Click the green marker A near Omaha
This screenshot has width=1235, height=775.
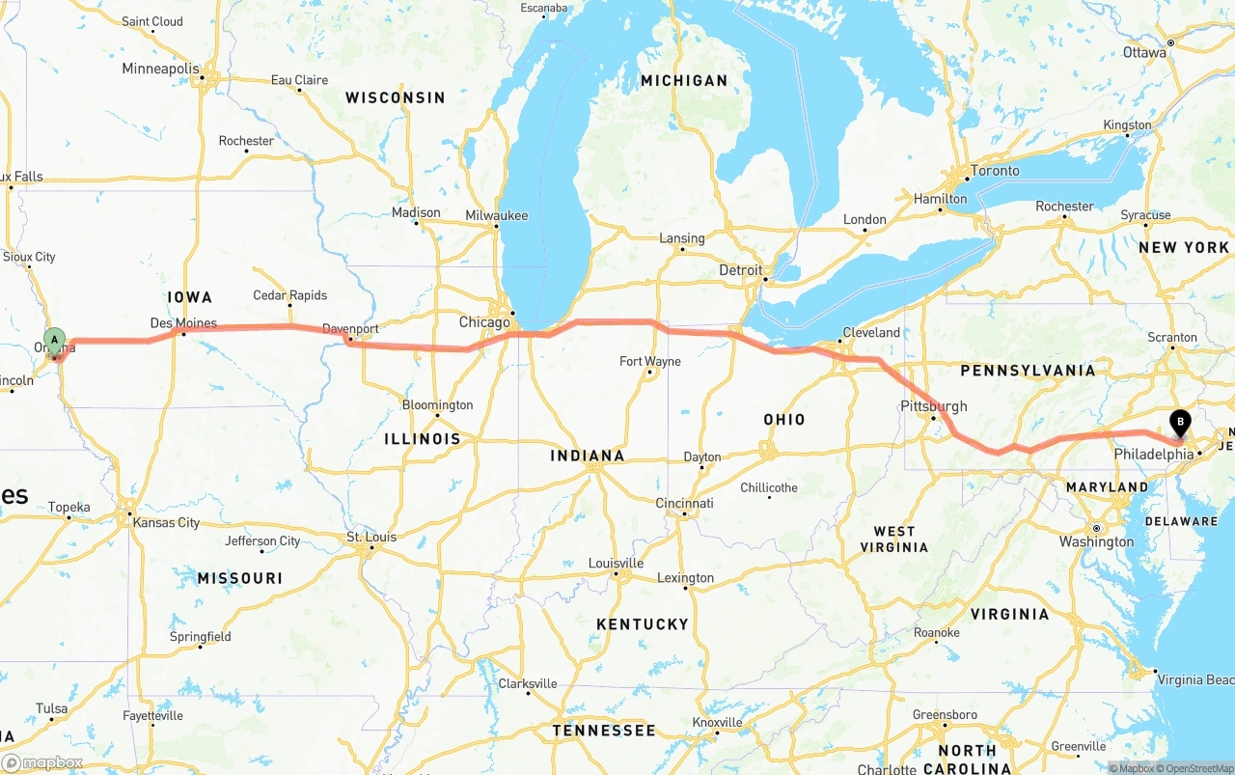(x=55, y=340)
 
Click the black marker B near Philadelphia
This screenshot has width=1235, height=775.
(x=1179, y=422)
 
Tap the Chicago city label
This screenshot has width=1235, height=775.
(x=484, y=322)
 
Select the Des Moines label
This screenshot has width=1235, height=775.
(x=183, y=323)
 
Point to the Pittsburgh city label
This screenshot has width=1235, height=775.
(x=934, y=406)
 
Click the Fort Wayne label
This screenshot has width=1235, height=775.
(x=649, y=362)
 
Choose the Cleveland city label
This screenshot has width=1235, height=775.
(x=871, y=333)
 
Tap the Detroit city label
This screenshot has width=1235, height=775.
(x=741, y=271)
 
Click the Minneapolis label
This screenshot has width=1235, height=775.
(x=160, y=69)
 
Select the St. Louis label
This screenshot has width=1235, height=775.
(x=371, y=538)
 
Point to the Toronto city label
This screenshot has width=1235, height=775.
(x=995, y=171)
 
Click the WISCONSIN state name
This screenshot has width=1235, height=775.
(x=396, y=97)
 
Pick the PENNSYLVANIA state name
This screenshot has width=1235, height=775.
(x=1028, y=371)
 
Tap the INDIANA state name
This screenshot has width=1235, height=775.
(x=588, y=456)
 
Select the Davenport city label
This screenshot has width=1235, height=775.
(x=350, y=329)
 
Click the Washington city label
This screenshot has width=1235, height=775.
(x=1096, y=541)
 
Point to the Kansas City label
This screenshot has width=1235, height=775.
(x=167, y=523)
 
